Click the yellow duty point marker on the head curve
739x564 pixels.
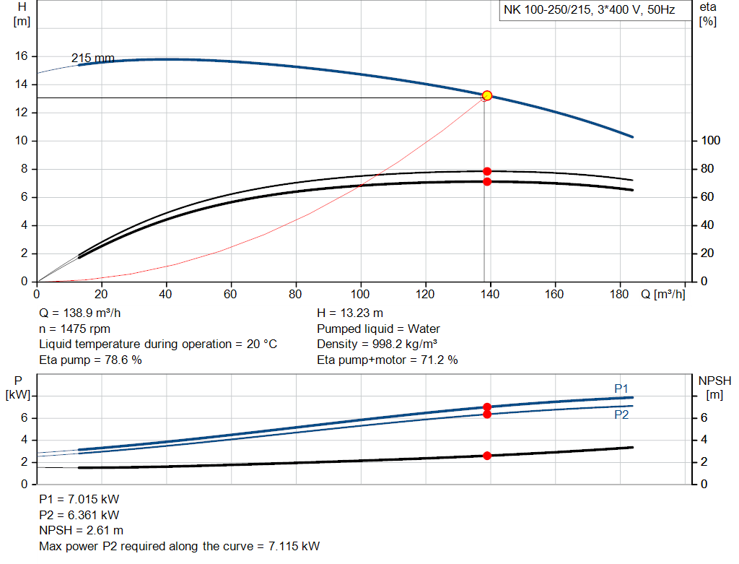[487, 95]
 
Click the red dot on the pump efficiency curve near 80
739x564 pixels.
[487, 171]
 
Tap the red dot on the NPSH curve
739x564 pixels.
[487, 456]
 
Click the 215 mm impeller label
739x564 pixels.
[92, 58]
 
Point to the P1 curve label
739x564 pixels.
[621, 388]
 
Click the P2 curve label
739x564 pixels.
[621, 415]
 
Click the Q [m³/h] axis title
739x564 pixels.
[663, 295]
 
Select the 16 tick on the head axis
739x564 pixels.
[22, 56]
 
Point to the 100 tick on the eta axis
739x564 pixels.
[710, 140]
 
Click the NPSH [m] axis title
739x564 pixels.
[714, 387]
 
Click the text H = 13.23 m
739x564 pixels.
[350, 312]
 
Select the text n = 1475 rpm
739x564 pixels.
[76, 328]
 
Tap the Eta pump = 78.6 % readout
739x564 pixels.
[90, 360]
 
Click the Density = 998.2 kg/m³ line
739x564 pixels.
[377, 344]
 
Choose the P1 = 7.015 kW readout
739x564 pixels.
[79, 499]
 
